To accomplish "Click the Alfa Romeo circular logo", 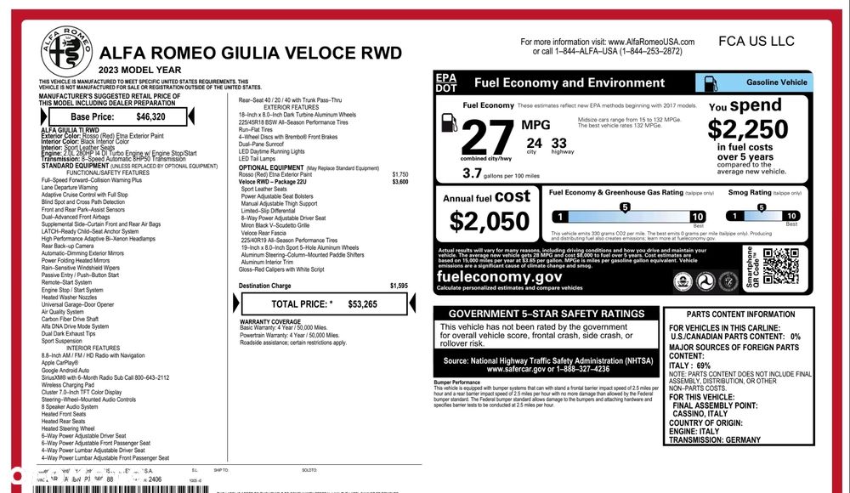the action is (66, 50).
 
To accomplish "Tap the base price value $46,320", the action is (151, 116).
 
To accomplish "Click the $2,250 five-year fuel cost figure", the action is (748, 129).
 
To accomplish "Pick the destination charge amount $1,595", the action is (399, 286).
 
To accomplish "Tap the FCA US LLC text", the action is (756, 41).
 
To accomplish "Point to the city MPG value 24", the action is (534, 143).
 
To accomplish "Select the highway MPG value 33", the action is (558, 143).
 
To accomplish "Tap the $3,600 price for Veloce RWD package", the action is (399, 182).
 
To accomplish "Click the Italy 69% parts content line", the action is (690, 365).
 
